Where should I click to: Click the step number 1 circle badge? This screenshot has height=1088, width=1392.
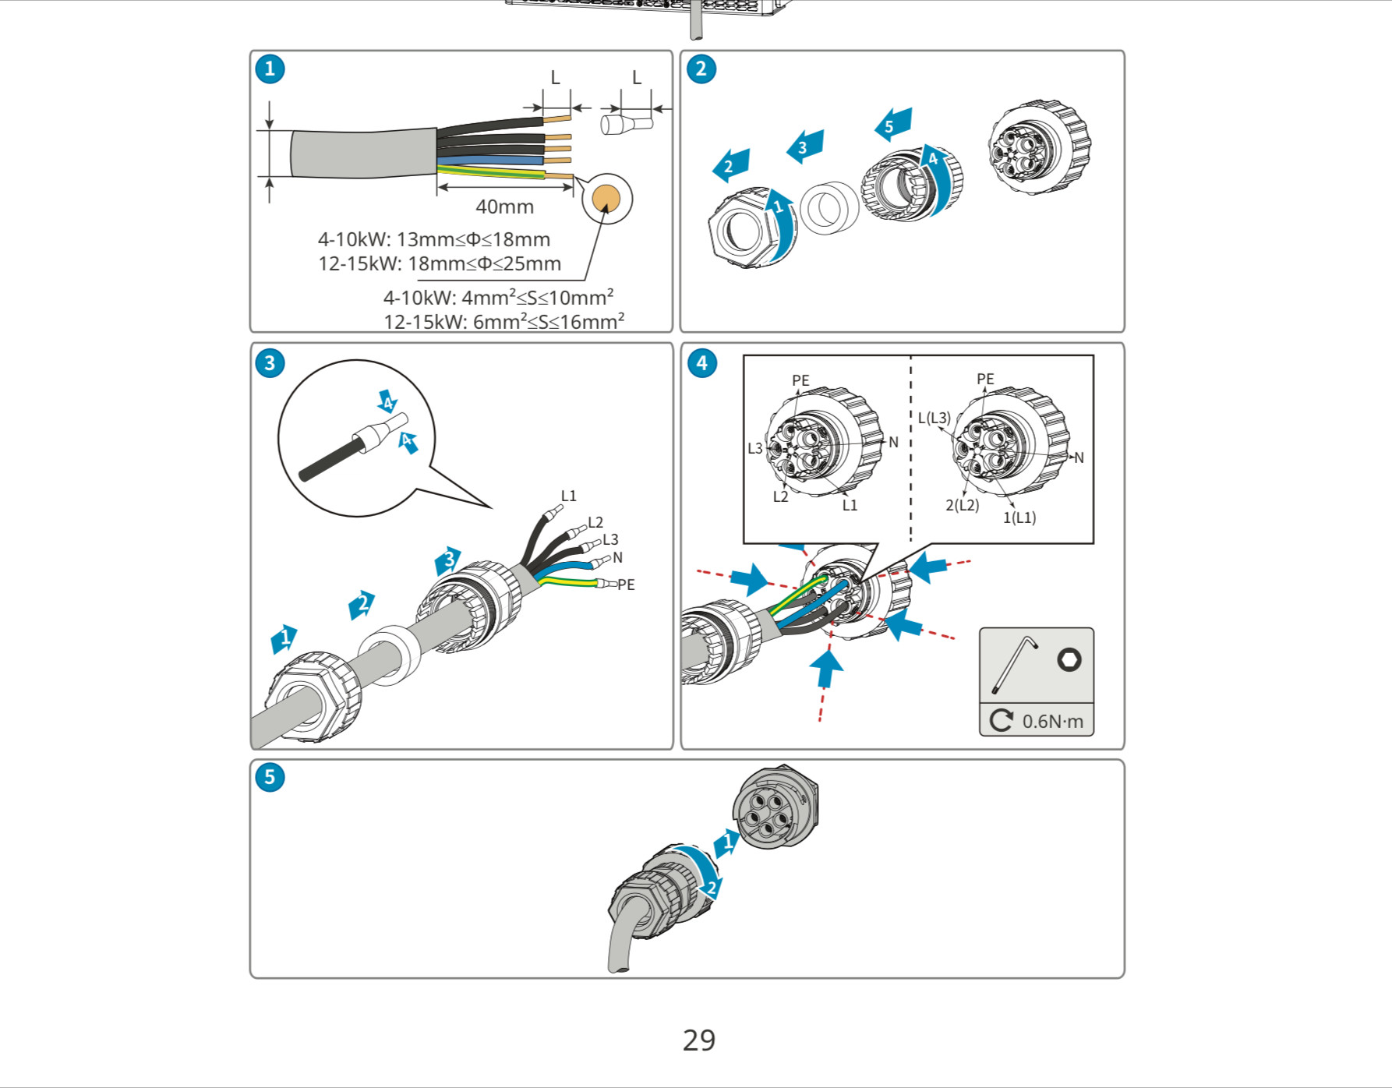[270, 69]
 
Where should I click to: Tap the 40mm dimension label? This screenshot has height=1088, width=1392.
[504, 207]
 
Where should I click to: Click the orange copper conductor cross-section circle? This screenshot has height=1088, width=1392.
[606, 198]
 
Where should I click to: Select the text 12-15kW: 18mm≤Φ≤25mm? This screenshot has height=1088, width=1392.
[439, 263]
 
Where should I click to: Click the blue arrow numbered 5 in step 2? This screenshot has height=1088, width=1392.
[892, 125]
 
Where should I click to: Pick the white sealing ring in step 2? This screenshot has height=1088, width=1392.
[828, 208]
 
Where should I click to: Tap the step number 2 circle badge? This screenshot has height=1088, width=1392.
[701, 69]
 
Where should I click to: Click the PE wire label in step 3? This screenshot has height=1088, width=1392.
[626, 585]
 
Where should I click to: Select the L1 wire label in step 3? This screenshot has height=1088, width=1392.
[568, 496]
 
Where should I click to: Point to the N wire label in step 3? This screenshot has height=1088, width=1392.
[617, 557]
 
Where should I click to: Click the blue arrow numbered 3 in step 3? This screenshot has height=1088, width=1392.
[448, 560]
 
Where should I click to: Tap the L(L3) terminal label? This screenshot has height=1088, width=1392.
[934, 418]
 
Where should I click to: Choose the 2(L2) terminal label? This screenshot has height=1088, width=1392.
[962, 505]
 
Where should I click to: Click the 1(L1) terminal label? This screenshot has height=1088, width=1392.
[1019, 518]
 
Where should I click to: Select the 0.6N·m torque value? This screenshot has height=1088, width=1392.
[1052, 722]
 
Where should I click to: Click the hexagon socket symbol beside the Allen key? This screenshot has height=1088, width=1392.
[1069, 660]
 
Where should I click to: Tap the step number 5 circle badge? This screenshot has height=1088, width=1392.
[270, 777]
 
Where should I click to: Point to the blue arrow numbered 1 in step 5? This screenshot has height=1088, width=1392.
[727, 842]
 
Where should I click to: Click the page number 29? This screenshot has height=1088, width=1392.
[698, 1040]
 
